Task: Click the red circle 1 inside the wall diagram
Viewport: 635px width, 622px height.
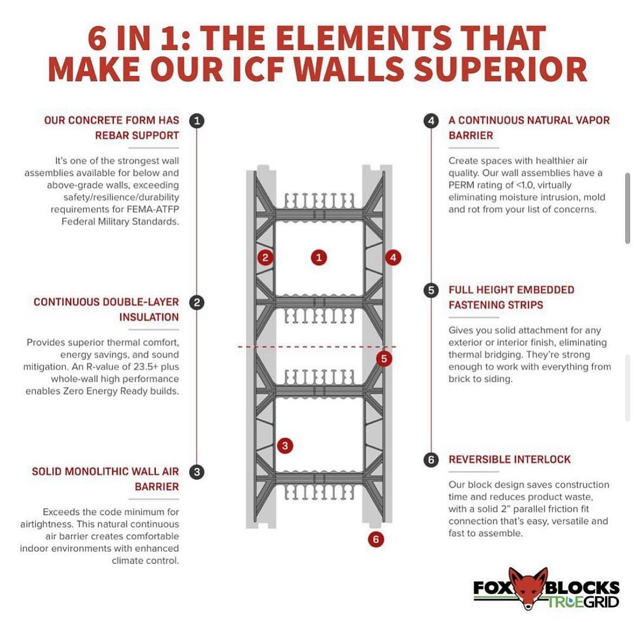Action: tap(319, 258)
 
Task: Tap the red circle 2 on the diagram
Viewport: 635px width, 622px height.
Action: tap(265, 258)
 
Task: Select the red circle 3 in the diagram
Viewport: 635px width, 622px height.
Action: tap(285, 446)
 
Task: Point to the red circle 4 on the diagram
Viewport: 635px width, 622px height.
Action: tap(393, 258)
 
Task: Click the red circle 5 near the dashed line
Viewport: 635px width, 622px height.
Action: tap(384, 358)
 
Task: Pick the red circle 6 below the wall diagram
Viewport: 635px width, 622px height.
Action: tap(376, 539)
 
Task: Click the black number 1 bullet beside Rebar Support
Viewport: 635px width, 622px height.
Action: tap(197, 120)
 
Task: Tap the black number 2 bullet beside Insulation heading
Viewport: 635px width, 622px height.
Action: tap(197, 302)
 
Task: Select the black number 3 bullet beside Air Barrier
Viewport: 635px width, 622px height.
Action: tap(197, 472)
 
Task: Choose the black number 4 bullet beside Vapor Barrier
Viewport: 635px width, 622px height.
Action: tap(431, 120)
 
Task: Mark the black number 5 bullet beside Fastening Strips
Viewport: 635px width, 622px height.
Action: tap(431, 290)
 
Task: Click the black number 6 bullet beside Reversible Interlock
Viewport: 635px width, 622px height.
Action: tap(431, 460)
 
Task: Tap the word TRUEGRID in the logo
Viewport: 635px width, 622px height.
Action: tap(583, 601)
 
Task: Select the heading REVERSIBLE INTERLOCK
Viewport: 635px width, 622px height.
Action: tap(510, 460)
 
